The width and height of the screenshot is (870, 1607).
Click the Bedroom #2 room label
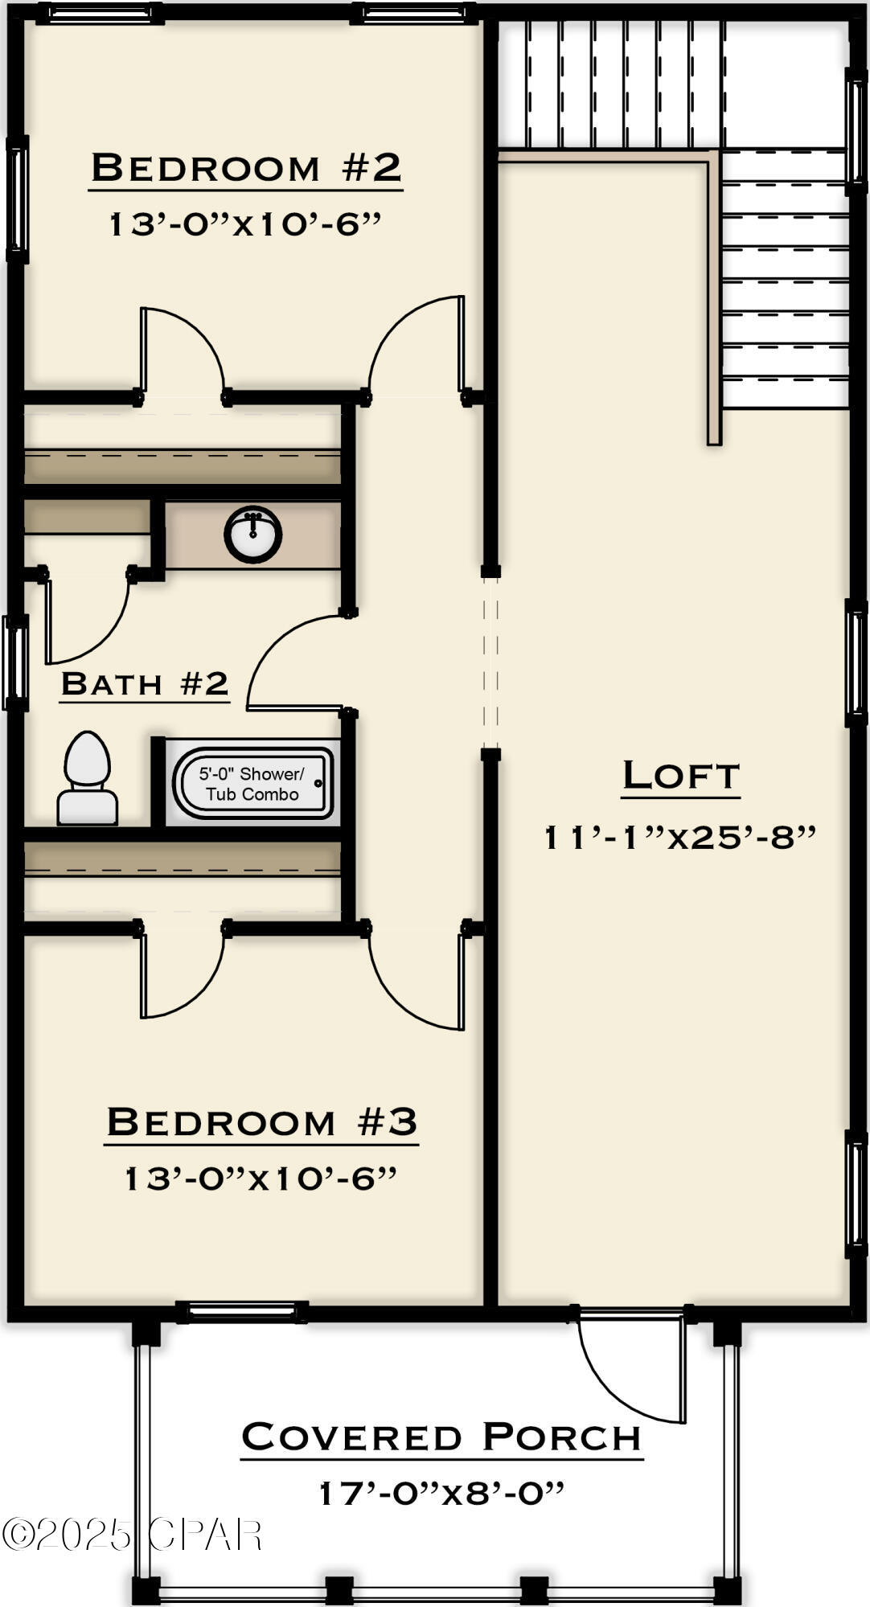click(245, 168)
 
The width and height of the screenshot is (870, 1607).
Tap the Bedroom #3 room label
click(261, 1121)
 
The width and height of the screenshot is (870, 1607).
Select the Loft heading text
click(680, 775)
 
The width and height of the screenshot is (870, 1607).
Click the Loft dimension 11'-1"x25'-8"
click(680, 838)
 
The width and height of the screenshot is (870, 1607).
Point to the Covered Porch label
click(441, 1437)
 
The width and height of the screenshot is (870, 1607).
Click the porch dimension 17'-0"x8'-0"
click(441, 1493)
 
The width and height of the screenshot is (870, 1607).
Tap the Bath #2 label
click(145, 684)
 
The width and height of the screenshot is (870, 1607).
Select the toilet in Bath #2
click(87, 778)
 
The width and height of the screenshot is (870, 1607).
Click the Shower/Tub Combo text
click(252, 784)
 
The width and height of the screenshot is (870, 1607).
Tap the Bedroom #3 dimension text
click(261, 1179)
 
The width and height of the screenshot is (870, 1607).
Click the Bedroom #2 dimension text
click(245, 223)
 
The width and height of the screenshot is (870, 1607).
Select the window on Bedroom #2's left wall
click(18, 200)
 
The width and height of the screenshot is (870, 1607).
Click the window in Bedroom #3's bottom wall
click(241, 1312)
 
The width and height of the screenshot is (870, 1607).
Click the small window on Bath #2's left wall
click(15, 663)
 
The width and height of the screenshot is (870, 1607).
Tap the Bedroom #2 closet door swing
click(181, 350)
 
